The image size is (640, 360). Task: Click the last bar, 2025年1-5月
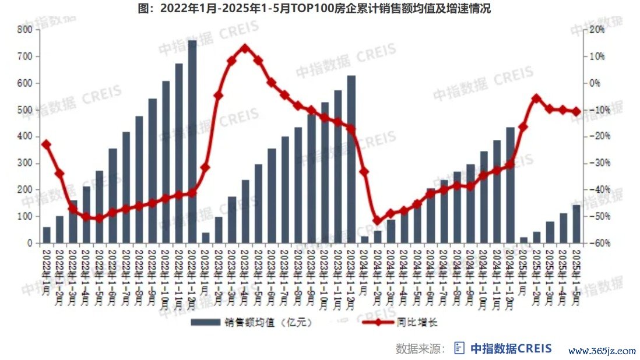pos(576,224)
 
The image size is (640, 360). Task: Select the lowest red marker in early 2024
pos(377,221)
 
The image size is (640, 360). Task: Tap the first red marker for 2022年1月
pos(47,144)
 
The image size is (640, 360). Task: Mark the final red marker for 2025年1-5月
pos(576,111)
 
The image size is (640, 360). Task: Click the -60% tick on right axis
pos(598,243)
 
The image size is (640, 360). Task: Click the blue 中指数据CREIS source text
pos(511,348)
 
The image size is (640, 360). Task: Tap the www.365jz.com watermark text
pos(602,351)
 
